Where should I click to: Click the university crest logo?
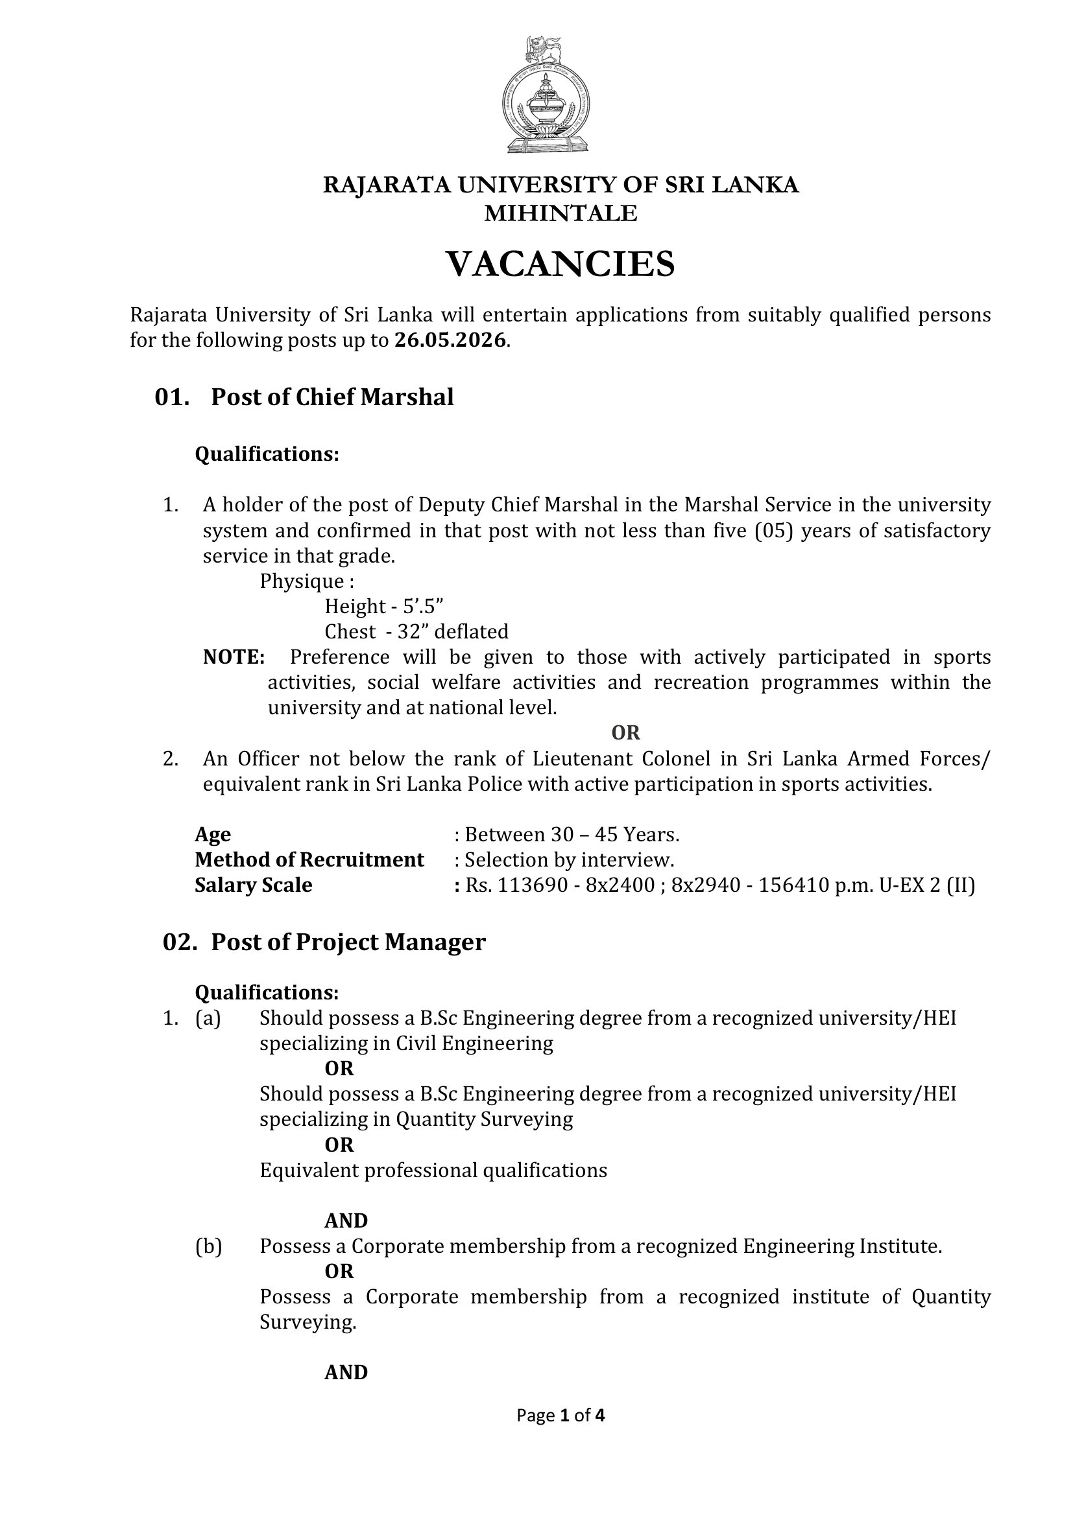[546, 96]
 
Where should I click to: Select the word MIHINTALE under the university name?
[561, 213]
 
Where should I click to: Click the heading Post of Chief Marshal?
[332, 397]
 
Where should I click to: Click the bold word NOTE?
[234, 657]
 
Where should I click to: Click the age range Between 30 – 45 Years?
[572, 835]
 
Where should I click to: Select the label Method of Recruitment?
[309, 859]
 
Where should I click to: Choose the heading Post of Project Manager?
[348, 942]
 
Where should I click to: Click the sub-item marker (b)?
[209, 1246]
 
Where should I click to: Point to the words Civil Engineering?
[474, 1044]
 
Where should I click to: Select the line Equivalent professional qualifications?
[433, 1170]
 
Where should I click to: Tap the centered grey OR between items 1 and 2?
[625, 733]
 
